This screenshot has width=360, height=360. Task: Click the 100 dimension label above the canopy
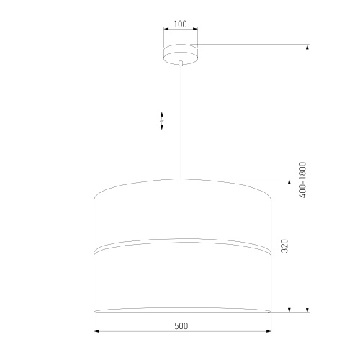(x=180, y=24)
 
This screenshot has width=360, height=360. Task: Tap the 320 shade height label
(x=284, y=246)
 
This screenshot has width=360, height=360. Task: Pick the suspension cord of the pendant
(x=180, y=122)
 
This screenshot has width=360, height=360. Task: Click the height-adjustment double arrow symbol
(x=163, y=121)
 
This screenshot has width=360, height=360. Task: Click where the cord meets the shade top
(x=180, y=177)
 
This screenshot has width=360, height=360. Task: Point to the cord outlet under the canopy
(x=180, y=65)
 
